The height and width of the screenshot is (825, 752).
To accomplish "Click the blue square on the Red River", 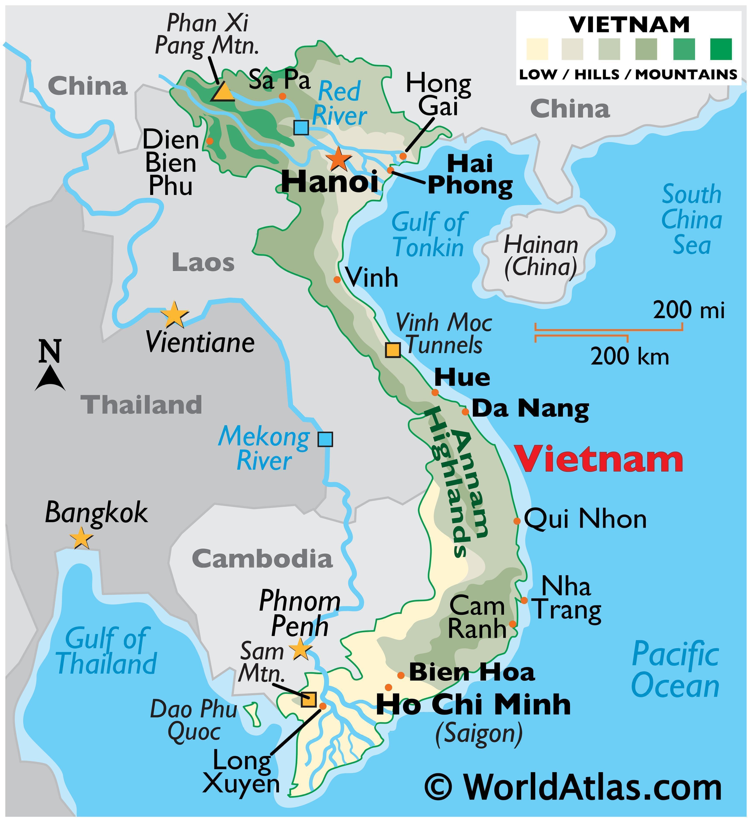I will (x=301, y=128).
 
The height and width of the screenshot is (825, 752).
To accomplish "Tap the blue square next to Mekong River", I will (x=325, y=439).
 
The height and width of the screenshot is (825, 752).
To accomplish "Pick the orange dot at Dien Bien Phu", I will (x=209, y=141).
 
